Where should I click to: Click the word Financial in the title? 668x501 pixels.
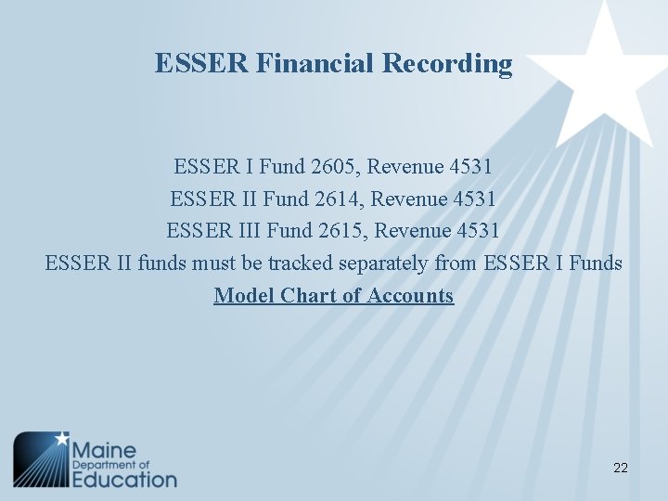pos(302,63)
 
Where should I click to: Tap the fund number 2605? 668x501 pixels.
pos(331,167)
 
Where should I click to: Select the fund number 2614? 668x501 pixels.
pos(334,199)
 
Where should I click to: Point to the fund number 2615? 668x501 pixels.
pos(339,230)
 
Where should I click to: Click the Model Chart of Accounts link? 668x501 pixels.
pos(334,296)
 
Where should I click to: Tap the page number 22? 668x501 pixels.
pos(621,468)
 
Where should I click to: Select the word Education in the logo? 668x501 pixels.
pos(124,479)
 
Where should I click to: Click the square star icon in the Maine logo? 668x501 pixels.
pos(42,460)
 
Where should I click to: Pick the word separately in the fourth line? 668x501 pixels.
pos(383,263)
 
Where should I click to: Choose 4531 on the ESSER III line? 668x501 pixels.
pos(477,230)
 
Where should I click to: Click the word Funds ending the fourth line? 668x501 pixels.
pos(596,263)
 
